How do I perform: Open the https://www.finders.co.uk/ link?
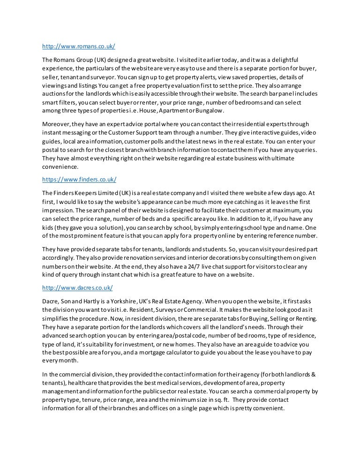(x=79, y=180)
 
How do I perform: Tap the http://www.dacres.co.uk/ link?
(x=77, y=287)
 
